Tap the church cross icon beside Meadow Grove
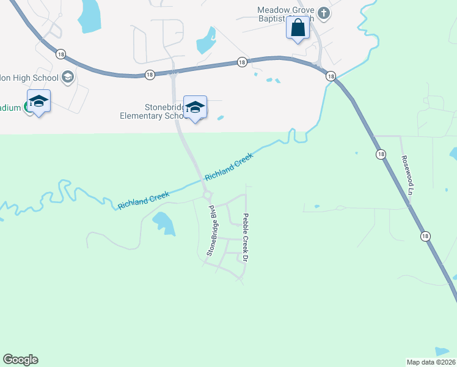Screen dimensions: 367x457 [x=324, y=12]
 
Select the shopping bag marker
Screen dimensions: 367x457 [x=298, y=28]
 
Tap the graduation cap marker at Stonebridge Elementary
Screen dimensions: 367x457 [x=195, y=107]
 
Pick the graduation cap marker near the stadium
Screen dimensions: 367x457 [x=38, y=101]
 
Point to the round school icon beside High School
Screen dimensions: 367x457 [x=67, y=77]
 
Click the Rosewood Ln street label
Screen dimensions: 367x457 [x=407, y=174]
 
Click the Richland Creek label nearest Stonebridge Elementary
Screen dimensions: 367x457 [x=228, y=167]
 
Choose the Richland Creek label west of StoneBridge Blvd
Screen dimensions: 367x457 [x=143, y=197]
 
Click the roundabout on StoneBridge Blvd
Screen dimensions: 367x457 [x=207, y=195]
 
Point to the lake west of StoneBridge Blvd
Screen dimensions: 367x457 [x=164, y=223]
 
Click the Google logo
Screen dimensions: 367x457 [x=20, y=360]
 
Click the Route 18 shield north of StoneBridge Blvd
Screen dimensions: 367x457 [x=150, y=74]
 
